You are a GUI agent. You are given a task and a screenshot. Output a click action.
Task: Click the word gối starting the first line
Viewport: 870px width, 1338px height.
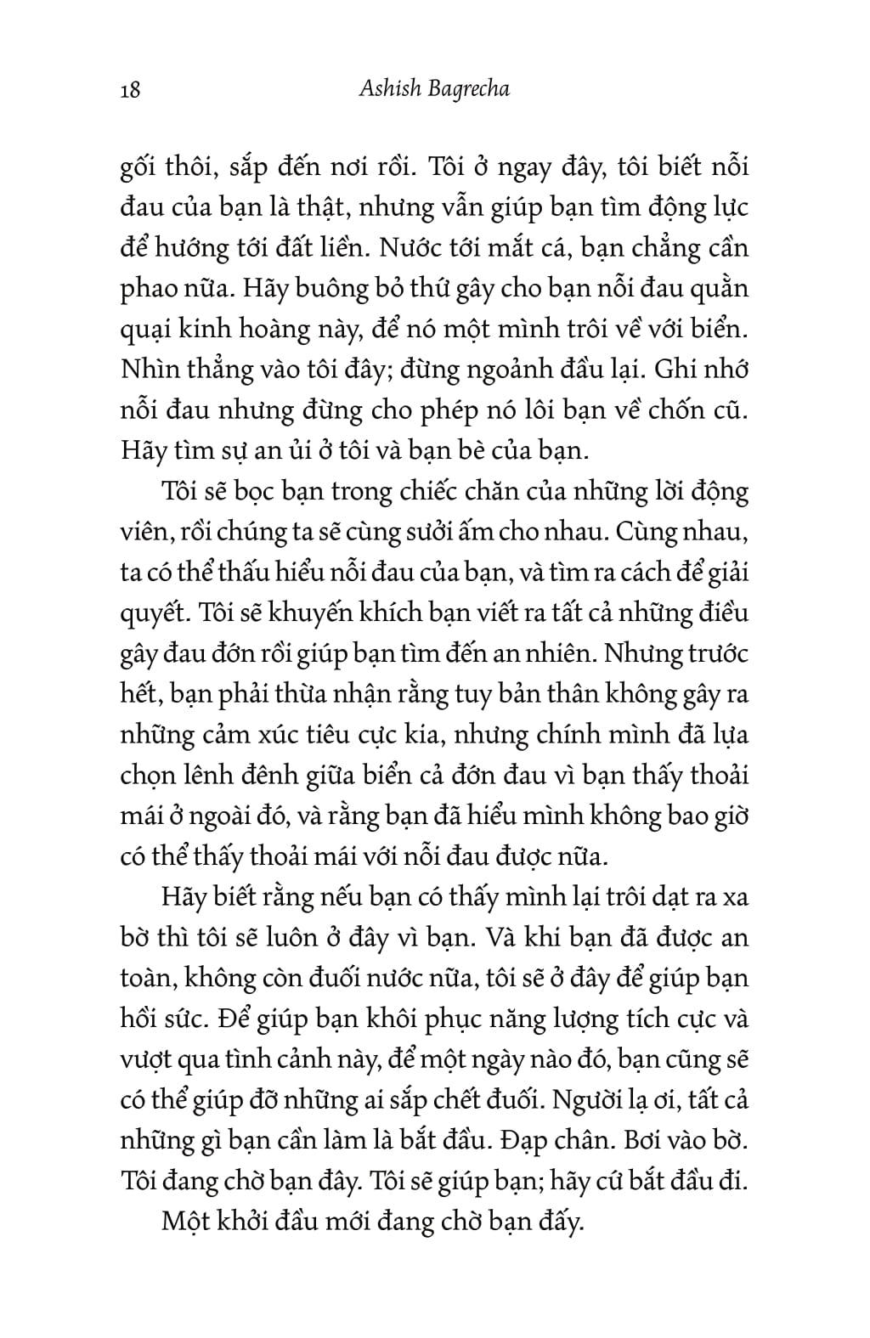(139, 168)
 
